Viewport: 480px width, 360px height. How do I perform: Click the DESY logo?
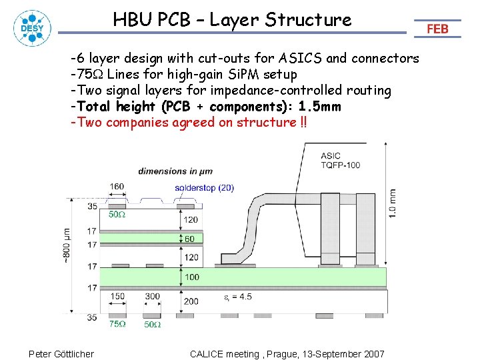coord(32,28)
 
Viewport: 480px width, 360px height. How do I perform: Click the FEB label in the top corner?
coord(437,29)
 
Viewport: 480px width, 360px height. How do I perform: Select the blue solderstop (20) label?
coord(204,187)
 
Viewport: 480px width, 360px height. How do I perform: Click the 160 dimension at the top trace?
coord(117,187)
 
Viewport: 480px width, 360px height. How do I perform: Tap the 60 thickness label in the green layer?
coord(191,239)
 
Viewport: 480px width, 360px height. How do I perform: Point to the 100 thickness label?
coord(192,277)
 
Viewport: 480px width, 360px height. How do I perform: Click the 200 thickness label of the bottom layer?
coord(191,301)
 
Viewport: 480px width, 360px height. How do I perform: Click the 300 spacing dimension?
coord(152,296)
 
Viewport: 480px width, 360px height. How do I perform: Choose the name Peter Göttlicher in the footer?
coord(61,353)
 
